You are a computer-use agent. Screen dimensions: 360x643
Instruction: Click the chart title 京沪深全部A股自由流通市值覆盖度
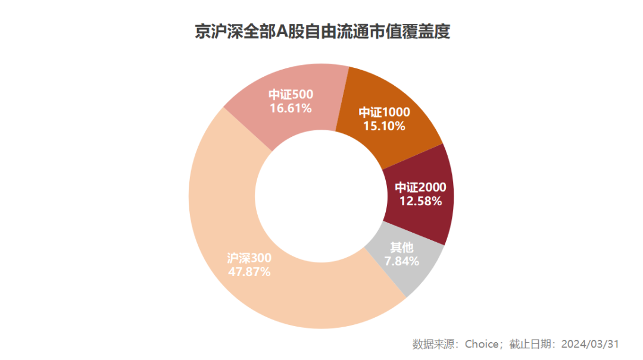322,32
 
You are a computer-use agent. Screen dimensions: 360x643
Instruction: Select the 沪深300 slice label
249,259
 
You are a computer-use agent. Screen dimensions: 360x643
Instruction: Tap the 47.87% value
249,272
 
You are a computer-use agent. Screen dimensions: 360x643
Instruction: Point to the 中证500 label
291,95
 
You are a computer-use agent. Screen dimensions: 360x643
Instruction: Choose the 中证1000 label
384,112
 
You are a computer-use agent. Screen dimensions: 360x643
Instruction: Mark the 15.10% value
384,126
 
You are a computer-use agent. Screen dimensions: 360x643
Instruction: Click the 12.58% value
420,201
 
